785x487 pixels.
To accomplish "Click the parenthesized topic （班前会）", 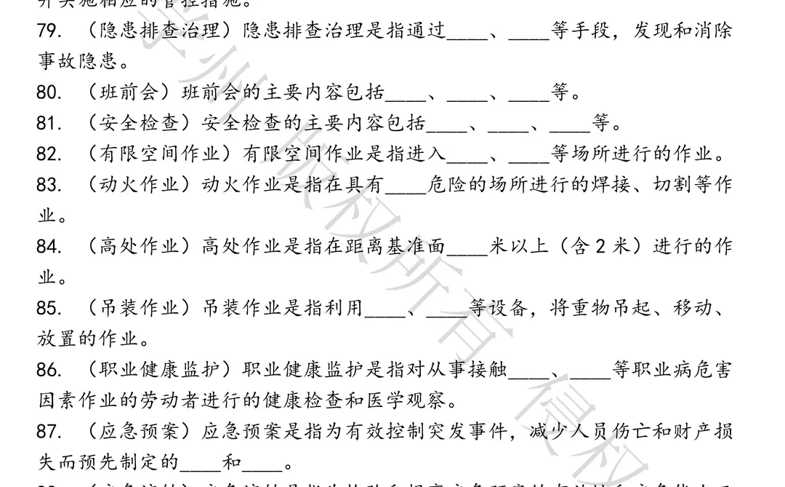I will (x=122, y=93).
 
